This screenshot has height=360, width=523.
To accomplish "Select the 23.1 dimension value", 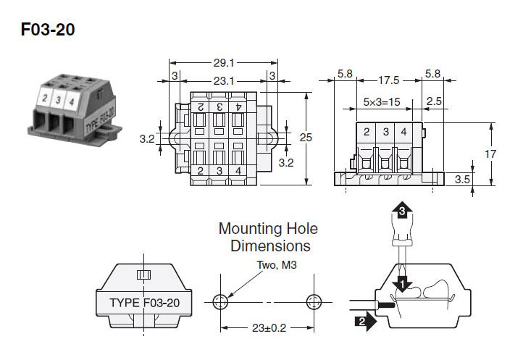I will tap(222, 82).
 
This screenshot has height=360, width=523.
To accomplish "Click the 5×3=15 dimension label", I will tap(382, 102).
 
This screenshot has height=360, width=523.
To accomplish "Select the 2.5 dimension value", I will tap(434, 102).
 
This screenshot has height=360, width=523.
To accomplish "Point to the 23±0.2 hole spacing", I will tap(267, 327).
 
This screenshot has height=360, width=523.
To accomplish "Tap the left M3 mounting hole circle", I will tap(221, 301).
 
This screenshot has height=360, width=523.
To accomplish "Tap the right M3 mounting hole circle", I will tap(314, 301).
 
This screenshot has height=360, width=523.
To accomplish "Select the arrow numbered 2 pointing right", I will tap(364, 319).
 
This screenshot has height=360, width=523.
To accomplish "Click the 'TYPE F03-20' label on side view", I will tap(144, 302).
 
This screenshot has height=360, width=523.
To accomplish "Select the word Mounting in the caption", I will tap(251, 230).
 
